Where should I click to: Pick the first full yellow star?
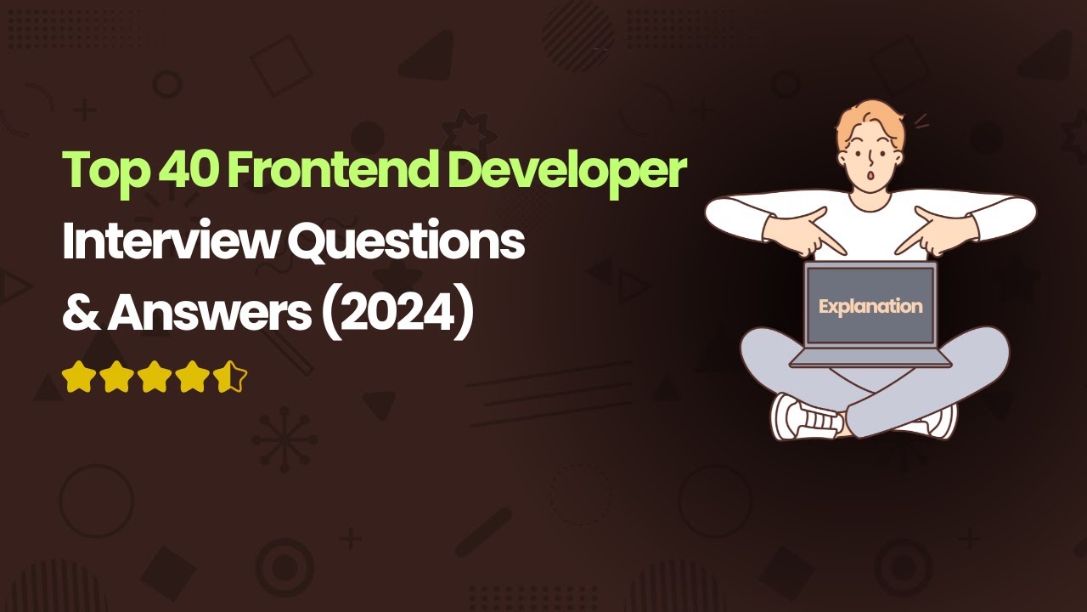click(78, 377)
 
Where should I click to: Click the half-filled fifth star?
click(230, 377)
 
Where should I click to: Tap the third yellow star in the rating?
click(154, 377)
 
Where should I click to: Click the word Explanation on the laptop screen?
click(870, 306)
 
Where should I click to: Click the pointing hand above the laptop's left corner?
click(815, 234)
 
